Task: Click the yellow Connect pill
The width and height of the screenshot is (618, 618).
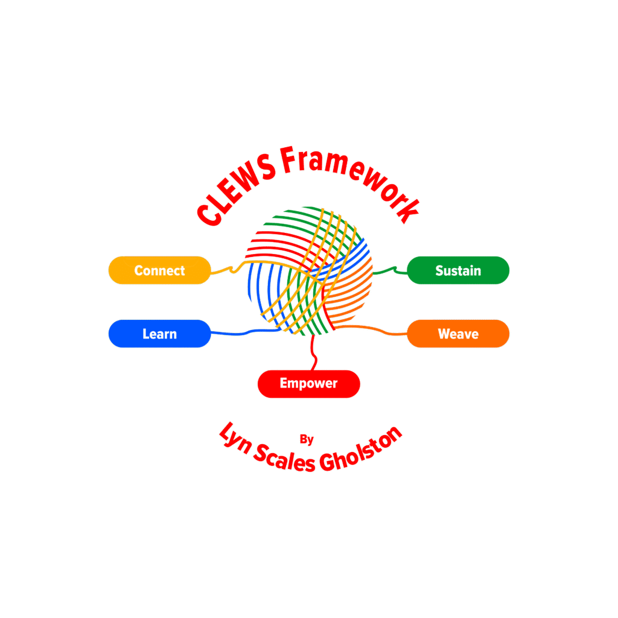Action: pos(160,270)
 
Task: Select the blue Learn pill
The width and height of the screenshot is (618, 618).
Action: pos(160,334)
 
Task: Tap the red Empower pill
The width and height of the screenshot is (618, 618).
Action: pos(308,383)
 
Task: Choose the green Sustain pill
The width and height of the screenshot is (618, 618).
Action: pos(458,270)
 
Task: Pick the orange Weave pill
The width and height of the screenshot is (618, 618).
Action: pos(458,334)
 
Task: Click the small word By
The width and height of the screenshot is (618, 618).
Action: pos(307,439)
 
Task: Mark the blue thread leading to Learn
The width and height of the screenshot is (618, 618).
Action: pos(241,333)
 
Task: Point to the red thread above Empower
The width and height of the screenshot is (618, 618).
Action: pos(313,353)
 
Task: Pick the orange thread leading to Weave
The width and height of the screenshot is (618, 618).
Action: pos(380,330)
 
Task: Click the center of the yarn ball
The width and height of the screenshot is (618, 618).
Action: pos(308,270)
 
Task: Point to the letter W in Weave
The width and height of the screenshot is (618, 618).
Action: pos(444,334)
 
